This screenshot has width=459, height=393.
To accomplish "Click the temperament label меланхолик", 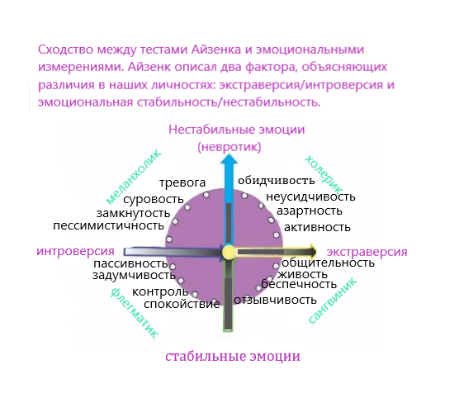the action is coord(134,177).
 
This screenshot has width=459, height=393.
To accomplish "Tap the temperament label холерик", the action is coord(324,175).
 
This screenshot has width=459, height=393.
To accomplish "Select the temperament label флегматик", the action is coord(135,313).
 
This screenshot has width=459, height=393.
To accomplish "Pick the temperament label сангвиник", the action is coord(333,301).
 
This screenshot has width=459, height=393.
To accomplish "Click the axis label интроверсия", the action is coord(75,251).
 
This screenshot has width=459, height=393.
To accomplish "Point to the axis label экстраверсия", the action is coord(367,252).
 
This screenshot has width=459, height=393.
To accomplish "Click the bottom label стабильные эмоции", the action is coord(233,357).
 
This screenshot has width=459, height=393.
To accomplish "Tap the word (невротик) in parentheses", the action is coord(229,147).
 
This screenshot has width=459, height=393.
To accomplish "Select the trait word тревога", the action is coord(182,182).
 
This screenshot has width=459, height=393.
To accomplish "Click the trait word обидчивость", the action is coord(277,181).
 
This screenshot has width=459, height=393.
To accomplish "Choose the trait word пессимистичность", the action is coord(109,225).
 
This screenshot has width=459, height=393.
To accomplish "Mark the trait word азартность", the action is coord(310,211).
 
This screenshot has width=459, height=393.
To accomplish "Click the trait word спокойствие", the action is coord(182,305).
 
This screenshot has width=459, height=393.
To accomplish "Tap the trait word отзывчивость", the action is coord(275,300).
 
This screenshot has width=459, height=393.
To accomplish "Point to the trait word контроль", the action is coord(160,291).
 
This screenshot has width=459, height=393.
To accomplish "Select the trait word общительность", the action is coord(328,263).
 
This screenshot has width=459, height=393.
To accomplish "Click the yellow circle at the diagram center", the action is coord(229,253).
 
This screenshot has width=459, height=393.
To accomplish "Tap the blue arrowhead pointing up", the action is coord(229,160).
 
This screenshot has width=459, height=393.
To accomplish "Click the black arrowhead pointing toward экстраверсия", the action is coord(312,252).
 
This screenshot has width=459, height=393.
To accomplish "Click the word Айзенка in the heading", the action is coord(216,50).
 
